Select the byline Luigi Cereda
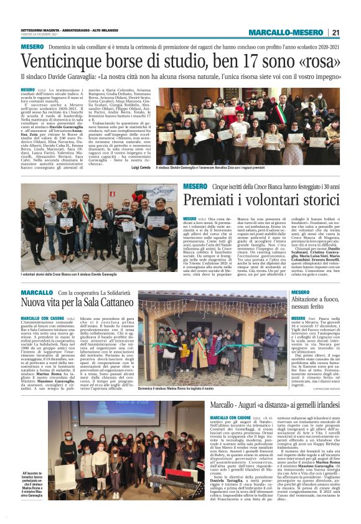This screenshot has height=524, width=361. tap(142, 168)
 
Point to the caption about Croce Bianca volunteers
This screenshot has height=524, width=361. tap(68, 274)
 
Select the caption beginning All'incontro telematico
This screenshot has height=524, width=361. tap(32, 485)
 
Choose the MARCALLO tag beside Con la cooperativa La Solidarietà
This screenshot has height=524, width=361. tap(36, 292)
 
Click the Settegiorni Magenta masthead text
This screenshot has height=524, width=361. tap(50, 30)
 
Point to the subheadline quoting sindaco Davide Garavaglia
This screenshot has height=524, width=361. tap(180, 78)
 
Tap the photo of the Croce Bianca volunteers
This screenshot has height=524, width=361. tap(100, 227)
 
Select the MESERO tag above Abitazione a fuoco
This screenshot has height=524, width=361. tap(300, 292)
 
